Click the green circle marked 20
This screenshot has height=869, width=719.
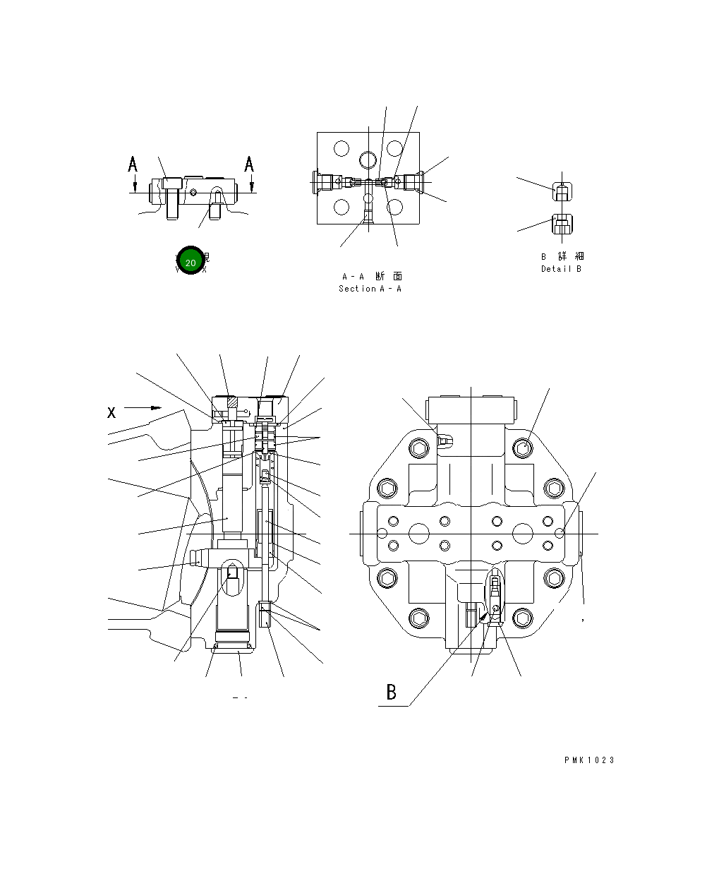pyautogui.click(x=190, y=262)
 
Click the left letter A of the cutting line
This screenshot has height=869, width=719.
pyautogui.click(x=133, y=164)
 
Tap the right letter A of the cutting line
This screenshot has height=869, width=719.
pyautogui.click(x=249, y=164)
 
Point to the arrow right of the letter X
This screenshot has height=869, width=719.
pyautogui.click(x=143, y=407)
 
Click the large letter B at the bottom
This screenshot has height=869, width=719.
pyautogui.click(x=392, y=693)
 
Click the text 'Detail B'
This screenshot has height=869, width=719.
pyautogui.click(x=561, y=269)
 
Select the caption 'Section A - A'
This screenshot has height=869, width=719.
pyautogui.click(x=370, y=289)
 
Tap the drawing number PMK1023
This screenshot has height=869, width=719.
pyautogui.click(x=589, y=760)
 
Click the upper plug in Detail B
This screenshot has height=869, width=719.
pyautogui.click(x=561, y=191)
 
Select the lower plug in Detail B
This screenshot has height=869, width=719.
pyautogui.click(x=561, y=226)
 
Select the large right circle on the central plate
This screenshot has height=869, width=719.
pyautogui.click(x=523, y=532)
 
